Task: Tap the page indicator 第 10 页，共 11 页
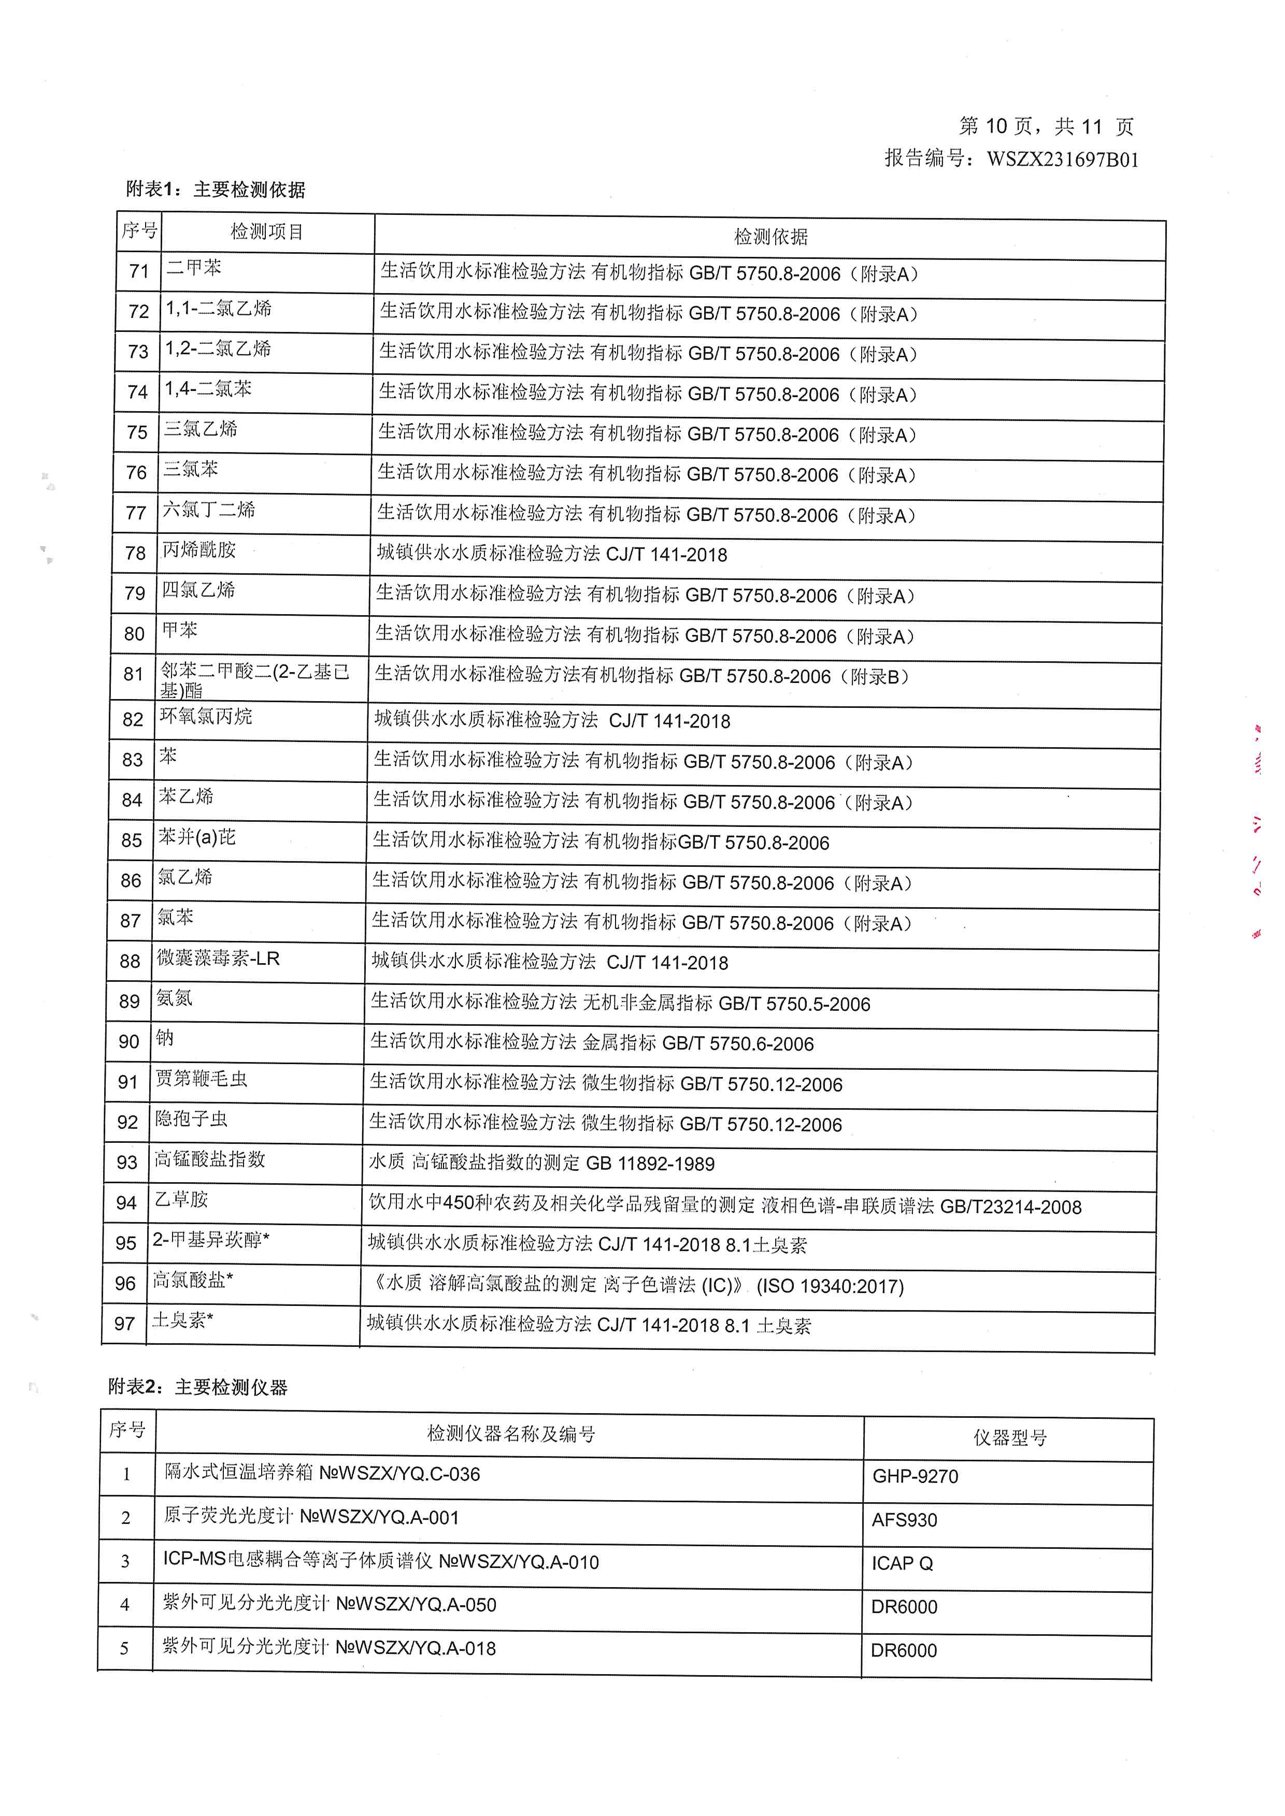point(1046,126)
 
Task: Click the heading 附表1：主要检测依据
point(215,189)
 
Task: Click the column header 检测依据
point(770,237)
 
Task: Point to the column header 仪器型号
point(1010,1437)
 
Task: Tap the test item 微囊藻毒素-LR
point(218,958)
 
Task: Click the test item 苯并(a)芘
point(197,837)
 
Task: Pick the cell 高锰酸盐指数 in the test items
point(210,1159)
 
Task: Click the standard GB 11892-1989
point(650,1164)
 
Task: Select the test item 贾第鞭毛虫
point(201,1079)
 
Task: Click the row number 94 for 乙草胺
point(126,1203)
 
